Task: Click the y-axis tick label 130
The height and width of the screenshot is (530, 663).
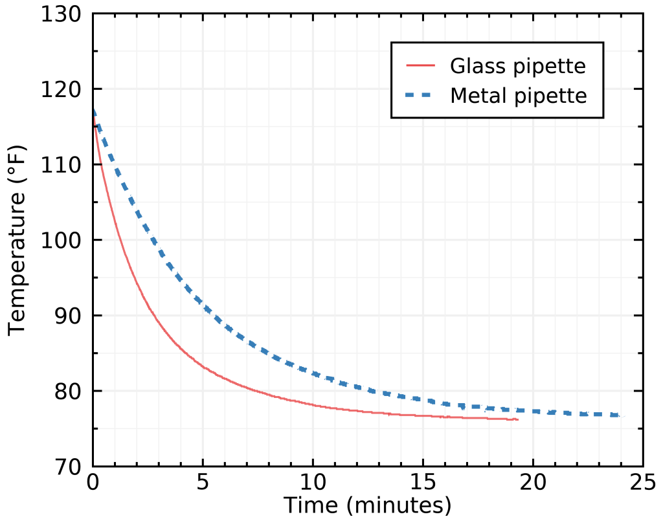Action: coord(62,14)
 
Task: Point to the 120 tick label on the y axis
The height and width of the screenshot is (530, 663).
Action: coord(62,89)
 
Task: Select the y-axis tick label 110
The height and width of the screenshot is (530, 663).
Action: coord(62,165)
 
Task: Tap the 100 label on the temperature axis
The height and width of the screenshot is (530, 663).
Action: coord(62,240)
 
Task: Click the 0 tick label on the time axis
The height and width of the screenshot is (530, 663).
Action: coord(93,483)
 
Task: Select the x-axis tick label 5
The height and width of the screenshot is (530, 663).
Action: coord(203,483)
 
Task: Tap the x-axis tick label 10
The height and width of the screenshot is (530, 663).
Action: coord(313,483)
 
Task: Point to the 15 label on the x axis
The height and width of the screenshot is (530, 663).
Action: coord(423,483)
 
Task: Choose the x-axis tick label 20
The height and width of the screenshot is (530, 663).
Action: coord(533,483)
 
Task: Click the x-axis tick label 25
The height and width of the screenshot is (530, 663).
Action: coord(643,483)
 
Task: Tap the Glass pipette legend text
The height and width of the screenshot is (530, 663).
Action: coord(518,66)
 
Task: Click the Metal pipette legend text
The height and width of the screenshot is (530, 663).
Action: coord(518,96)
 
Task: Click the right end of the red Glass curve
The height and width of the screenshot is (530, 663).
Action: coord(518,419)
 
